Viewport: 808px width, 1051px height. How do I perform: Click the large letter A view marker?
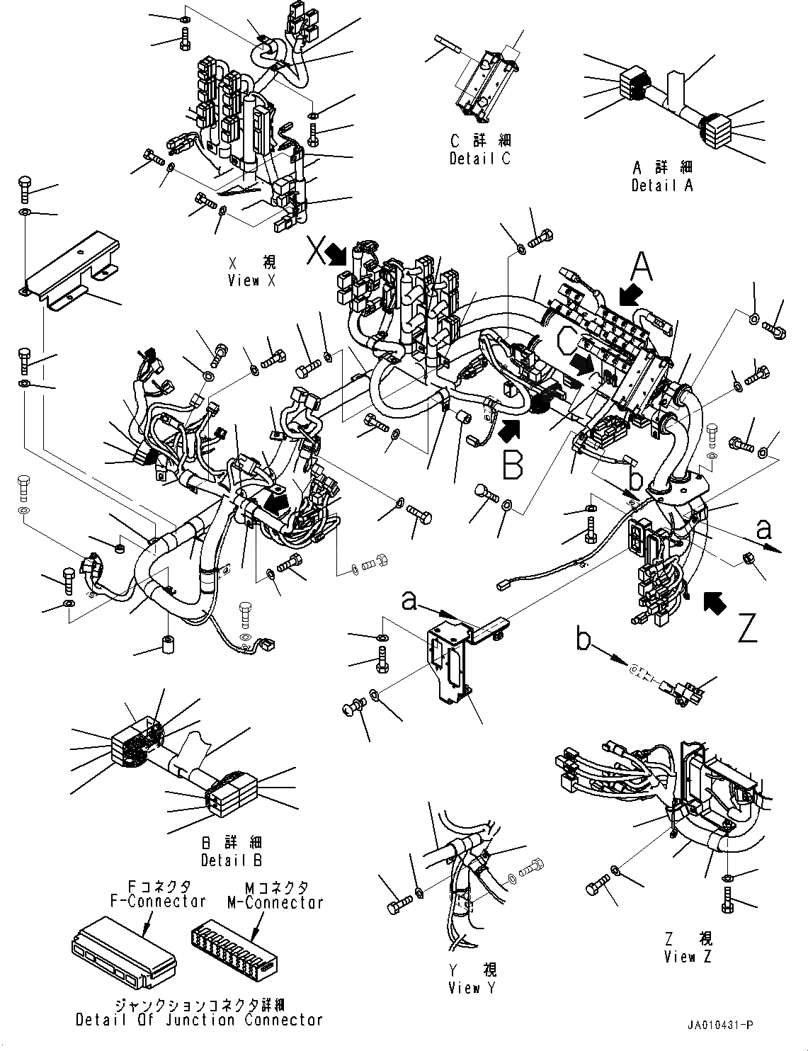(640, 268)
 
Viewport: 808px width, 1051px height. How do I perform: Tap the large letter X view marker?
(316, 251)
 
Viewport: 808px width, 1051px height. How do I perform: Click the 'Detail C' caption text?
(479, 158)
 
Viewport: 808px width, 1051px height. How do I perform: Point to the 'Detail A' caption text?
(662, 185)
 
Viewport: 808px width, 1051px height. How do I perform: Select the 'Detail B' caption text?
(231, 860)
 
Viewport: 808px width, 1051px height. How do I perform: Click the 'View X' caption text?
(252, 280)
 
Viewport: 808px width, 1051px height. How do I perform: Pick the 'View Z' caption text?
(688, 957)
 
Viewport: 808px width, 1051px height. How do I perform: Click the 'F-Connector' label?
(157, 902)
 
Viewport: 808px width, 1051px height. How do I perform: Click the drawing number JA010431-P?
(719, 1025)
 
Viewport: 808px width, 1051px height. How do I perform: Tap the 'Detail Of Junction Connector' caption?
(199, 1021)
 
